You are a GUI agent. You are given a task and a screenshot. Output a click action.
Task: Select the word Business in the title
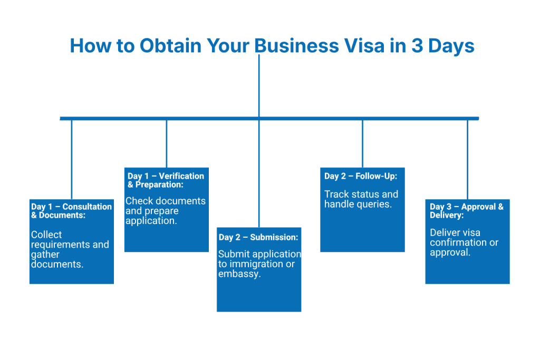[x=297, y=46]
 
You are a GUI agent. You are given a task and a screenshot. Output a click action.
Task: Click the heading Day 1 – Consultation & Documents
[x=71, y=211]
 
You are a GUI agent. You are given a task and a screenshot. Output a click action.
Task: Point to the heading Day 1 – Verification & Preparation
[x=166, y=180]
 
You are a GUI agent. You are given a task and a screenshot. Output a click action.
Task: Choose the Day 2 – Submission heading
[x=258, y=237]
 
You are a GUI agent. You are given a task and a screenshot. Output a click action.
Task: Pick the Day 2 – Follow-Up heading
[x=361, y=176]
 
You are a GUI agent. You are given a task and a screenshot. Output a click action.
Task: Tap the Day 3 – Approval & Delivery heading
[x=466, y=211]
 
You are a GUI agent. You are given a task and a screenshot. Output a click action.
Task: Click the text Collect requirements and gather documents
[x=70, y=249]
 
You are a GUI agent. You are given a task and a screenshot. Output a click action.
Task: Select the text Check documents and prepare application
[x=166, y=211]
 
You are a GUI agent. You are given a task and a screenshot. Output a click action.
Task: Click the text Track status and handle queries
[x=361, y=199]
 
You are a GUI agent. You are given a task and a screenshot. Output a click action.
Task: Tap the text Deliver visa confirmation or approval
[x=464, y=242]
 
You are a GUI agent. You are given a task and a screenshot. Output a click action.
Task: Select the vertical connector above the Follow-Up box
[x=363, y=143]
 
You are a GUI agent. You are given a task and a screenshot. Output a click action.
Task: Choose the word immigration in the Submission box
[x=257, y=264]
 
